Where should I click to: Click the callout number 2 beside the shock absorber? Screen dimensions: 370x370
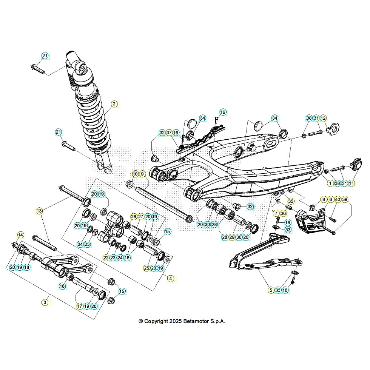[x=114, y=104]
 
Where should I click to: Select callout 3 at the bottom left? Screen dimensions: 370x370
[x=45, y=302]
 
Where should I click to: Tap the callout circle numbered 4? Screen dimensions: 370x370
[x=171, y=279]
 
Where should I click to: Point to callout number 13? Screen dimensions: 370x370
[x=39, y=210]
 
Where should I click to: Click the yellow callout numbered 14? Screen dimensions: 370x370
[x=20, y=235]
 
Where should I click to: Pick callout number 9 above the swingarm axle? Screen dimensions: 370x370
[x=142, y=174]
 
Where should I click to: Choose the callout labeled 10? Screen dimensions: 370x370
[x=135, y=174]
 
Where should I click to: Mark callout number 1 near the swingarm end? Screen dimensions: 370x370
[x=330, y=183]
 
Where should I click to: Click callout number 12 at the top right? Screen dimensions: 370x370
[x=323, y=118]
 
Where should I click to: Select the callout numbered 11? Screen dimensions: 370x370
[x=351, y=183]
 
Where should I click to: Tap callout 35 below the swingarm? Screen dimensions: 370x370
[x=291, y=201]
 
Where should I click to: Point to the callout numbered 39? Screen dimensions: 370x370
[x=345, y=199]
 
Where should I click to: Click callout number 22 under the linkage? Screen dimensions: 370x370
[x=106, y=257]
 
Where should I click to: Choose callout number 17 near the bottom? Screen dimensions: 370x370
[x=80, y=306]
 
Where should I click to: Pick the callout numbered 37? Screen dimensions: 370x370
[x=169, y=133]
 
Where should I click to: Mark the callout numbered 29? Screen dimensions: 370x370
[x=232, y=237]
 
